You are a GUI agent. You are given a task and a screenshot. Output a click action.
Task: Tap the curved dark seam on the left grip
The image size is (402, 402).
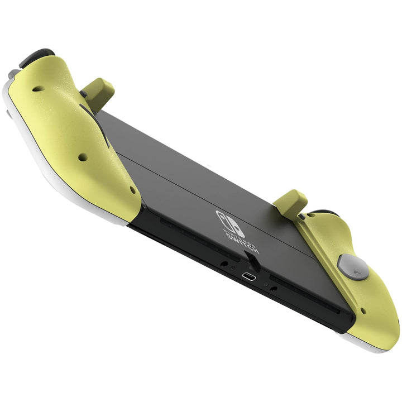click(89, 112)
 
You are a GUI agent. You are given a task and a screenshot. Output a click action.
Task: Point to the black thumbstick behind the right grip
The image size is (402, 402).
click(321, 213)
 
